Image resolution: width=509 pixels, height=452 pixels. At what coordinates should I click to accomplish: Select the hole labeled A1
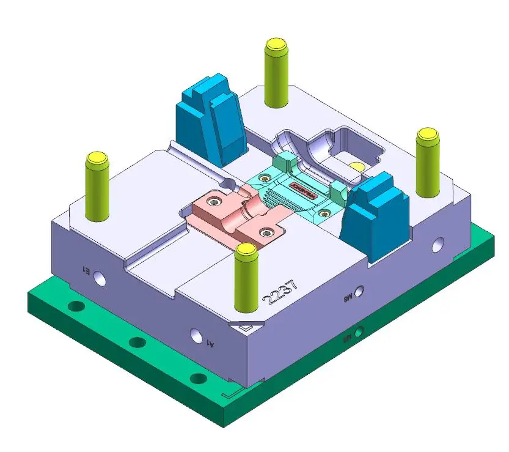pyautogui.click(x=196, y=336)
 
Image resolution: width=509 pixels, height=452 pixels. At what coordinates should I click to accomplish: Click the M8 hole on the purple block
pyautogui.click(x=361, y=292)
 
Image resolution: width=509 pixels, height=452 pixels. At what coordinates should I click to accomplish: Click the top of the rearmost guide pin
pyautogui.click(x=276, y=45)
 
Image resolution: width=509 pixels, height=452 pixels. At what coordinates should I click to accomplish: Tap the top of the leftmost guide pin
pyautogui.click(x=97, y=160)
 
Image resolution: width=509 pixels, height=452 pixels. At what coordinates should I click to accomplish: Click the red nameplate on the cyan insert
pyautogui.click(x=302, y=184)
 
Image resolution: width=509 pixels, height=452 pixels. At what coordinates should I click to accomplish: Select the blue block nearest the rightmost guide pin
pyautogui.click(x=373, y=214)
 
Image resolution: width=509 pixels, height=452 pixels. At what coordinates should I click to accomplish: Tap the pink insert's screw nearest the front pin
pyautogui.click(x=266, y=232)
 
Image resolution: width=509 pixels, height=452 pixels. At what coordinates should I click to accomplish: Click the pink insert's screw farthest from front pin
pyautogui.click(x=214, y=201)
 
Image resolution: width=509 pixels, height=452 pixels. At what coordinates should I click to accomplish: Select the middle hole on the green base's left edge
pyautogui.click(x=135, y=343)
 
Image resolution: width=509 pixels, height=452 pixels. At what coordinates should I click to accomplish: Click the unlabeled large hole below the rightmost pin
pyautogui.click(x=438, y=243)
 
